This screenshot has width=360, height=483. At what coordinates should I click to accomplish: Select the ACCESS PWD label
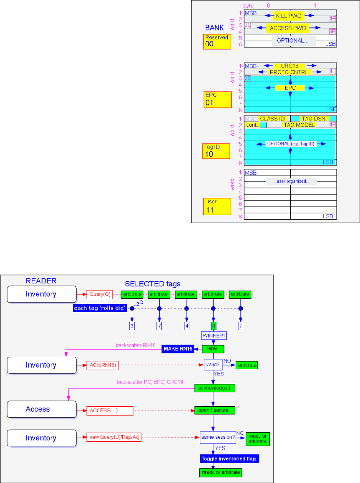pos(288,28)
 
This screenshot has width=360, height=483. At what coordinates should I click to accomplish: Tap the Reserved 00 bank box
pos(217,41)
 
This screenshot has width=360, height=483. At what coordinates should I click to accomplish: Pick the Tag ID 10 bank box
pos(217,151)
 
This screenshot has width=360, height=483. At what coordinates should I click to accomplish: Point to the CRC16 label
pos(290,66)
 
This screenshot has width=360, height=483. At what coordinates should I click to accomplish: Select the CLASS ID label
pos(272,119)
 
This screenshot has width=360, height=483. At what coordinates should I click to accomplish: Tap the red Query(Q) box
pos(99,294)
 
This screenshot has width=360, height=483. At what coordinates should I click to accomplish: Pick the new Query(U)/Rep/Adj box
pos(113,438)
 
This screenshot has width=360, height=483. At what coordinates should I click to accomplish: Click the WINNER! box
pos(213,335)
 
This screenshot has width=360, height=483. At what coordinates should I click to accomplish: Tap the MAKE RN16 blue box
pos(177,349)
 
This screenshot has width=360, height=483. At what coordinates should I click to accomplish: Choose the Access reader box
pos(41,409)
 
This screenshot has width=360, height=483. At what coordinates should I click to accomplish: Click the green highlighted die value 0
pos(213,325)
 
